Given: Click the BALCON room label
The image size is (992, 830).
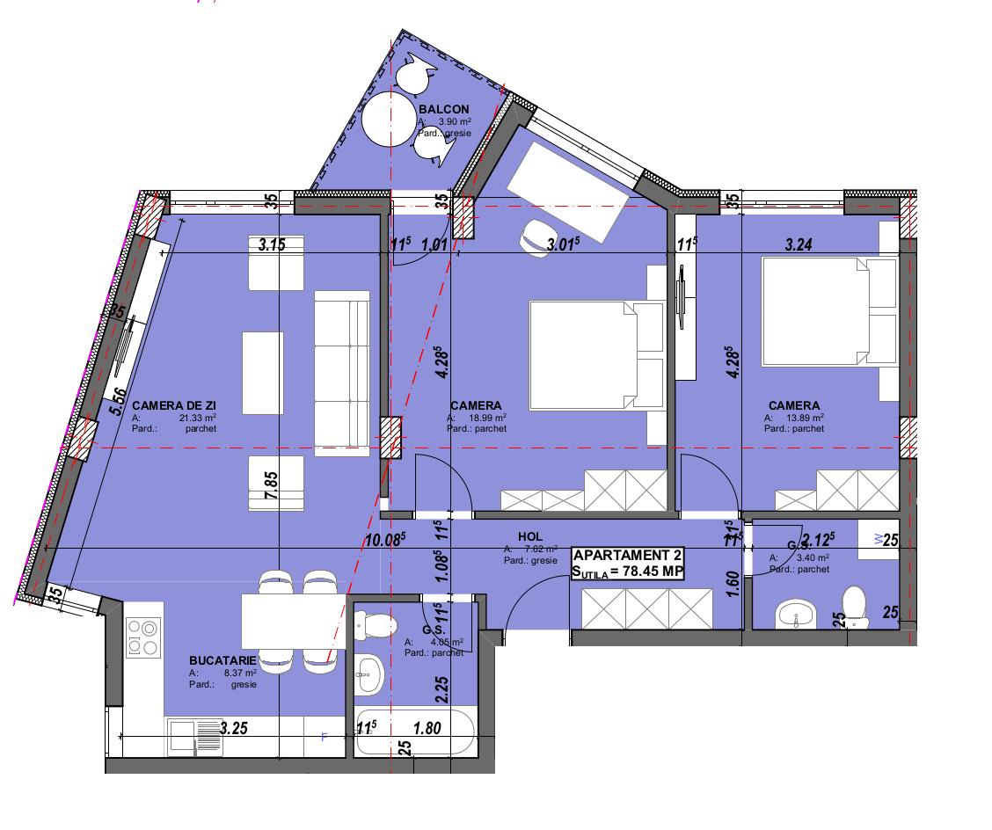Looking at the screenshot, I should point(444,109).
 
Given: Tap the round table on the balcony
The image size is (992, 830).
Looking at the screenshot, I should point(388,120).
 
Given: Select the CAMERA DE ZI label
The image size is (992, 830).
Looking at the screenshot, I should point(168,405).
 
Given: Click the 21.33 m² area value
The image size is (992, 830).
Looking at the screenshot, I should point(198,418).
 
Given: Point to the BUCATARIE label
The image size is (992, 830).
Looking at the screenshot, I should point(222,660).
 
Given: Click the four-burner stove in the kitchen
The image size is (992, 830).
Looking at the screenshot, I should point(143,638).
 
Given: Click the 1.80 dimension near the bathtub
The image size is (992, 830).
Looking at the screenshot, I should point(426,727).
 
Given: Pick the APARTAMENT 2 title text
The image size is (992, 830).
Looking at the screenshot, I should point(626,556).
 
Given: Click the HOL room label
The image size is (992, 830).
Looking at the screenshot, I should point(530,536).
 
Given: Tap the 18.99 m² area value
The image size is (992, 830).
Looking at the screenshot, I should point(488,418).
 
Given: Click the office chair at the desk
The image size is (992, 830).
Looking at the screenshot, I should point(537,237).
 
